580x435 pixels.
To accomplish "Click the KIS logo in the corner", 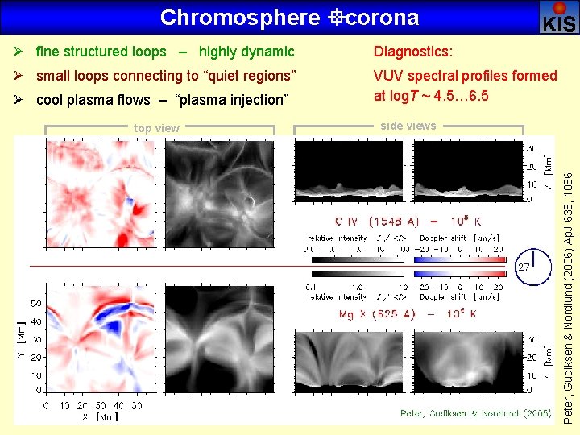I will point(558,17).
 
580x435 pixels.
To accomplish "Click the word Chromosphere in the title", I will point(229,17).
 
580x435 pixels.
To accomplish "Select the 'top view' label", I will point(156,128).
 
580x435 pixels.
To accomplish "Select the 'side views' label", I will point(408,126).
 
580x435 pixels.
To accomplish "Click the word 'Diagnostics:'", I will point(412,52).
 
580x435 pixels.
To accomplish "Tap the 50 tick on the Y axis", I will point(36,304).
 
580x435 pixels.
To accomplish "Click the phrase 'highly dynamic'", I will point(246,52).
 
